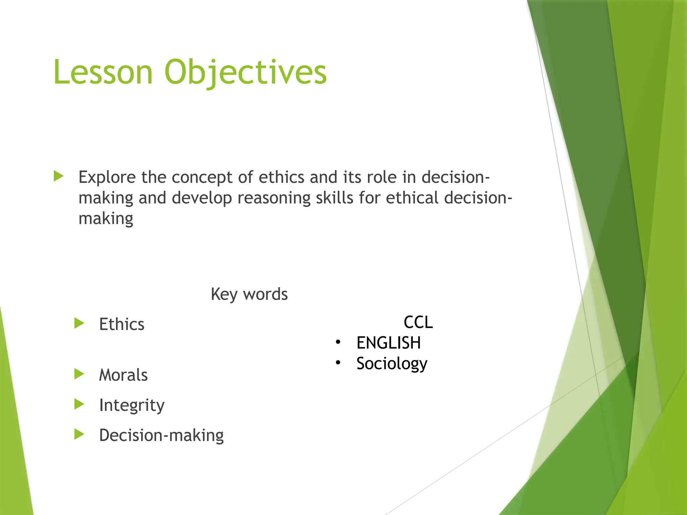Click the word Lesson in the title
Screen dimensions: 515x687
tap(103, 72)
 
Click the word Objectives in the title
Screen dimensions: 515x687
tap(245, 72)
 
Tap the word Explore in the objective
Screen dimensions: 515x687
tap(107, 177)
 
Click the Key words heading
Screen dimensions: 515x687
tap(249, 294)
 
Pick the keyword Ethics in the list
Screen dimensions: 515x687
tap(122, 324)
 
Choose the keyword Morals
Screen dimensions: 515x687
tap(123, 375)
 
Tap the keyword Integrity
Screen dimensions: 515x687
tap(132, 405)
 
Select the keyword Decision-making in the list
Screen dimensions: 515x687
tap(161, 435)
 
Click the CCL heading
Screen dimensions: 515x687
tap(418, 322)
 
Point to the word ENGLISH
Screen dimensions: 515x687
tap(388, 343)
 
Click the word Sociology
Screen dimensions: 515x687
tap(392, 363)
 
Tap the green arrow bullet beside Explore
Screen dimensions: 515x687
tap(59, 176)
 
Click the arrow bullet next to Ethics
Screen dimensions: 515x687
tap(79, 324)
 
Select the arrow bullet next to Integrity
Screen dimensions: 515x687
tap(79, 404)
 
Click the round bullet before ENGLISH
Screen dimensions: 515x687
tap(338, 342)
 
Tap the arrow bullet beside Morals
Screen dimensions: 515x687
tap(79, 374)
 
